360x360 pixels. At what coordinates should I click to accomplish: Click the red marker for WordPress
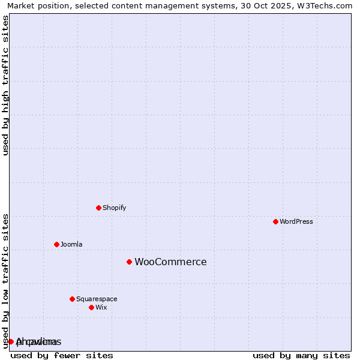[275, 221]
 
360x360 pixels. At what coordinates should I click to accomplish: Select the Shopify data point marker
[98, 208]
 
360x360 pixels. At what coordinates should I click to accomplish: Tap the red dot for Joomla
[56, 244]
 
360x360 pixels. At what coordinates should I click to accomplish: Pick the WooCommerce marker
[129, 262]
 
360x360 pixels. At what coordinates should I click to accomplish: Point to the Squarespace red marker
[72, 299]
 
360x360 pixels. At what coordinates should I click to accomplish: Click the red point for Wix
[91, 307]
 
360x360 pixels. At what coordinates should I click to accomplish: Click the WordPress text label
[296, 221]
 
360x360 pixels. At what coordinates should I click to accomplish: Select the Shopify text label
[114, 208]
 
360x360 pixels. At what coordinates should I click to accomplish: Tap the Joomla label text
[71, 244]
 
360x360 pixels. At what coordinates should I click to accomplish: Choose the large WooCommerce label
[170, 262]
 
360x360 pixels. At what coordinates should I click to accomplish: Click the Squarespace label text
[97, 299]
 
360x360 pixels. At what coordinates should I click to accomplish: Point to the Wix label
[101, 307]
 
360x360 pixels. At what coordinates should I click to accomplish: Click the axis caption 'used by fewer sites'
[62, 355]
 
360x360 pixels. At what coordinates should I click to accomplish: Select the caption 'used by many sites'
[301, 355]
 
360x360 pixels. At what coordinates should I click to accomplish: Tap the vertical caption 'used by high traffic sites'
[5, 85]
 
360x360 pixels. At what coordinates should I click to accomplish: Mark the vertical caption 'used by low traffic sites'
[5, 280]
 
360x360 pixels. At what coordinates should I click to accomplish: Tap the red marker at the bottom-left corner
[11, 341]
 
